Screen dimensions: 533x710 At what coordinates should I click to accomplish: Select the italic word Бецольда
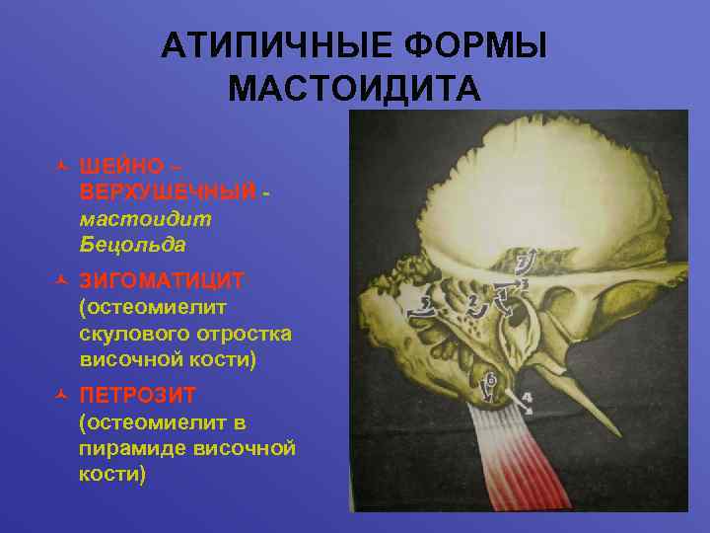[x=124, y=243]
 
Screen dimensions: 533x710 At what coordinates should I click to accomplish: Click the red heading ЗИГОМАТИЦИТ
[x=162, y=281]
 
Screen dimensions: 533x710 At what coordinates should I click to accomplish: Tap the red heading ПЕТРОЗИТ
[x=138, y=396]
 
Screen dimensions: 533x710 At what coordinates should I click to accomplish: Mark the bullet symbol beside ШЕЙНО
[x=61, y=164]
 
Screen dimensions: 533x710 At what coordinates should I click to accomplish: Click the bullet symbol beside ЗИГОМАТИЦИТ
[x=61, y=281]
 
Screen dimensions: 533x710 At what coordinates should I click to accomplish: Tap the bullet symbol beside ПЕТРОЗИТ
[x=61, y=396]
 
